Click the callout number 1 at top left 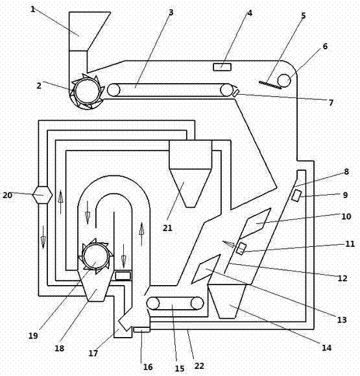click(33, 9)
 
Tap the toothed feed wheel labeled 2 click(87, 92)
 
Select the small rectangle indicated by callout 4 click(222, 67)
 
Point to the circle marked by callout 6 click(284, 81)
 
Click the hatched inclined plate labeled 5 click(270, 85)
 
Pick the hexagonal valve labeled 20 click(43, 195)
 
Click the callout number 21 click(167, 228)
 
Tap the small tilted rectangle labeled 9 click(296, 195)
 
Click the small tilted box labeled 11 click(241, 249)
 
